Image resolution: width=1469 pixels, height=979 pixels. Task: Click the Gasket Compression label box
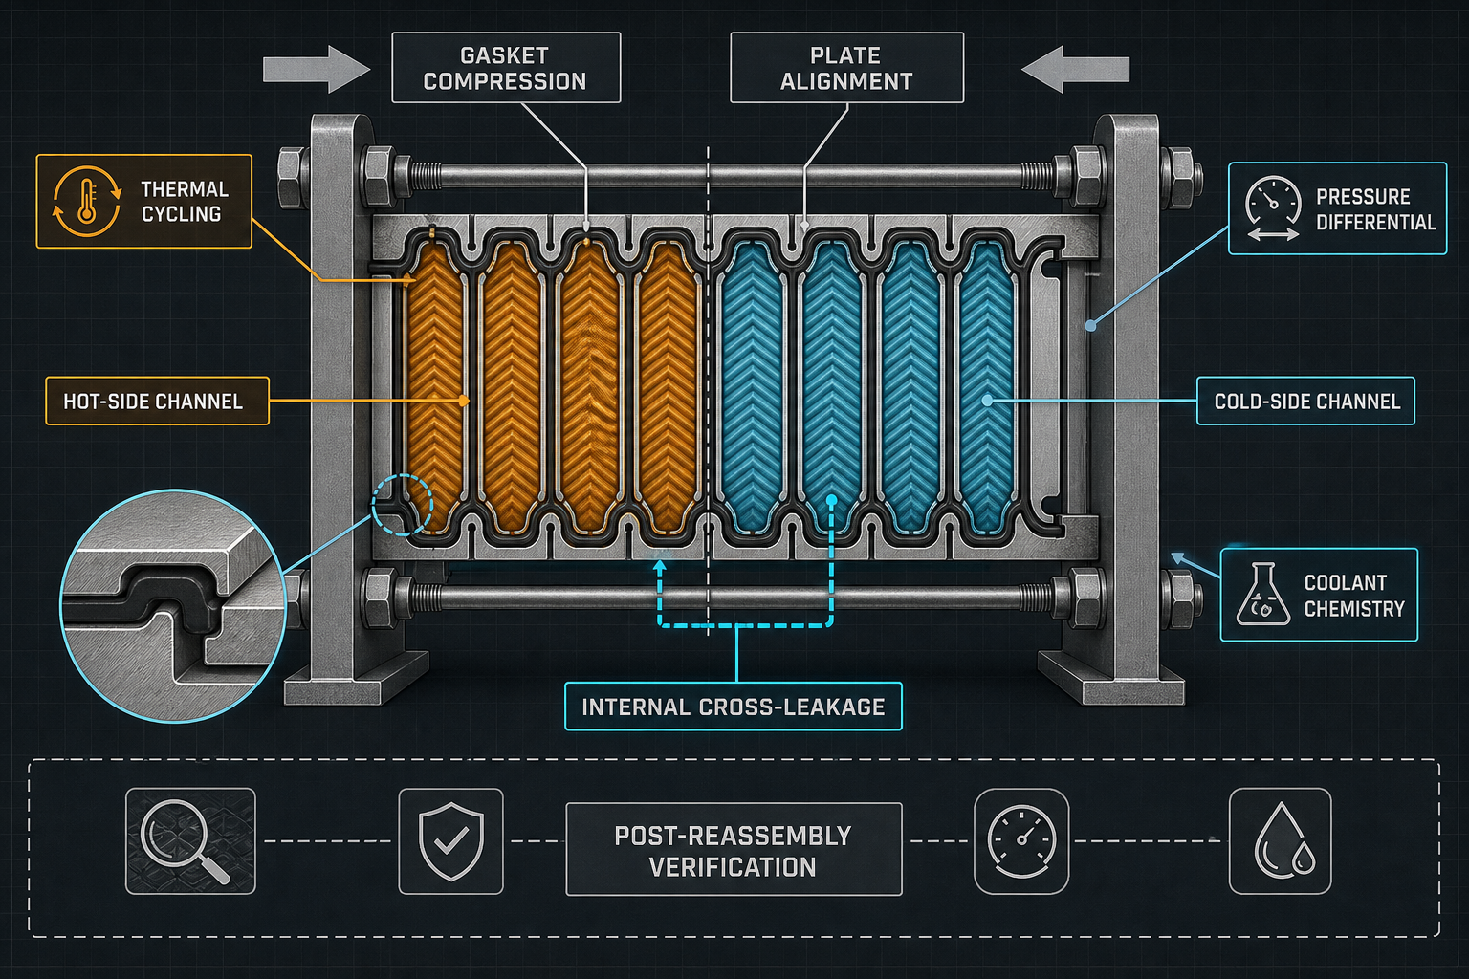(x=506, y=68)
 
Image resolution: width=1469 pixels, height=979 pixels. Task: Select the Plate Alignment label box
(x=846, y=68)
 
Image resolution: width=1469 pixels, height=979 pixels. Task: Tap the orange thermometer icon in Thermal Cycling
(x=87, y=201)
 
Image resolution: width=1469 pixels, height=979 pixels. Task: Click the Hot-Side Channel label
(x=158, y=401)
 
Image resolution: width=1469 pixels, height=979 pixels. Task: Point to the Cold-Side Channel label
(x=1305, y=401)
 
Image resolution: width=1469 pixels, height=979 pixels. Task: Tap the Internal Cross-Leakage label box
(x=734, y=707)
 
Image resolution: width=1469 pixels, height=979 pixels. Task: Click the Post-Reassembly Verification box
(x=734, y=849)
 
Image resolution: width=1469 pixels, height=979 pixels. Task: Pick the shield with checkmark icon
(x=451, y=840)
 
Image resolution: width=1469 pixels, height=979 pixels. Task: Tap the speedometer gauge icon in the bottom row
(x=1021, y=840)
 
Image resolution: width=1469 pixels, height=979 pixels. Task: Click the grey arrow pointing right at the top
(x=317, y=69)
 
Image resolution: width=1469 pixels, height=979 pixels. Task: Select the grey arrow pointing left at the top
(x=1076, y=69)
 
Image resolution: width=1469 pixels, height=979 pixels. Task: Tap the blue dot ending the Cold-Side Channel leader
(x=988, y=401)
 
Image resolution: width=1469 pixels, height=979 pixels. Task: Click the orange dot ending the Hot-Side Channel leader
(x=464, y=401)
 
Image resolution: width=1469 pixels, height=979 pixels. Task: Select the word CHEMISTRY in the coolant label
(x=1354, y=609)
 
